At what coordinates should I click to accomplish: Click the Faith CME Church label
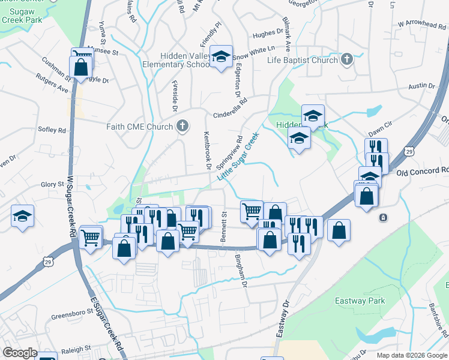click(x=140, y=126)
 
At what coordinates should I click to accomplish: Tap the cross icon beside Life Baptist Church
click(x=347, y=59)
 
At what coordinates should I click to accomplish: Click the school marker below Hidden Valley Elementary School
click(x=221, y=57)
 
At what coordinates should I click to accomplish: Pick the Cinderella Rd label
click(x=231, y=110)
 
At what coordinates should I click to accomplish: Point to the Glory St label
click(x=52, y=184)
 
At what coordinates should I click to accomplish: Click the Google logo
click(x=20, y=352)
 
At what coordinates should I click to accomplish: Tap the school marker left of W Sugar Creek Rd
click(x=23, y=216)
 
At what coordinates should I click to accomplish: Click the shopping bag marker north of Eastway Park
click(x=339, y=231)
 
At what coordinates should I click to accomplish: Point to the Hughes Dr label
click(x=268, y=35)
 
